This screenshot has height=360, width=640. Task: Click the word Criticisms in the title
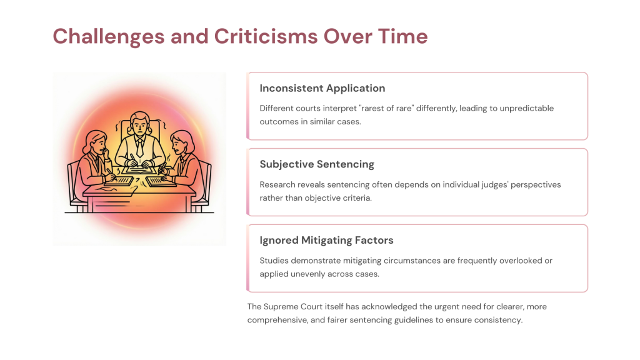click(x=266, y=36)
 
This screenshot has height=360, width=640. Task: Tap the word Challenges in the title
click(x=109, y=37)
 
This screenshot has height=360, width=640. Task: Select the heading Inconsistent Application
click(x=322, y=89)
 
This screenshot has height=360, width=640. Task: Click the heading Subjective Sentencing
click(x=317, y=164)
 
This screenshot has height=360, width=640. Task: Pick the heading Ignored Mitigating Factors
click(x=326, y=241)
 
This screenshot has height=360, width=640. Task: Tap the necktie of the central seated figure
click(x=139, y=147)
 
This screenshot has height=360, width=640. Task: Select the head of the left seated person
click(x=96, y=142)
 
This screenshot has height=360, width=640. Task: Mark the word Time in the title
click(x=403, y=36)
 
